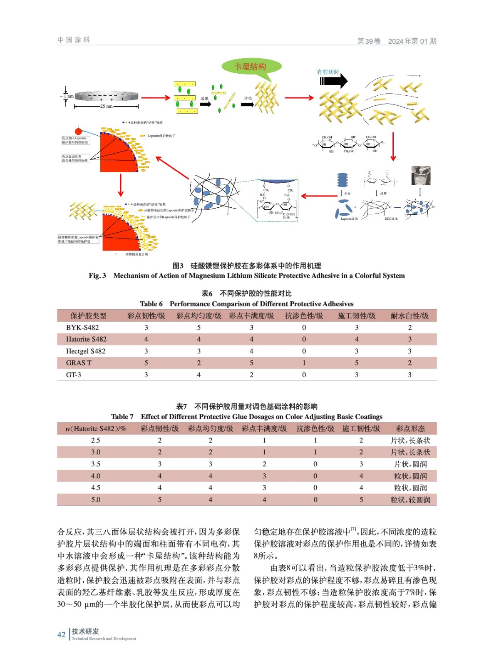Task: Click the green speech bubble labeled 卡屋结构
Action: point(251,67)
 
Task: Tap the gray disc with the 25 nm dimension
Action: point(107,96)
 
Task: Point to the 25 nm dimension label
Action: point(106,106)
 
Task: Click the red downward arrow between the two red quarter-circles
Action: point(121,185)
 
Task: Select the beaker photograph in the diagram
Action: point(421,175)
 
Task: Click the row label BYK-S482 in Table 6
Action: point(82,328)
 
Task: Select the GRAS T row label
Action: point(79,363)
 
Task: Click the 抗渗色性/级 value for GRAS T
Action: point(304,363)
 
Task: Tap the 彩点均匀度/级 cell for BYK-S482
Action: point(199,328)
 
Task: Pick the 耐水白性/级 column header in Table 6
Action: point(410,316)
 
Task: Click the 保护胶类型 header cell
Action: point(88,316)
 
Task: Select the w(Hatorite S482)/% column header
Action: point(96,429)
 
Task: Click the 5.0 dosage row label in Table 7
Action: point(96,499)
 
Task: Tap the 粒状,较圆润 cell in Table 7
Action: point(410,499)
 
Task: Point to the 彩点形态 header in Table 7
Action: point(410,429)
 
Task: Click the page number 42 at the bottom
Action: point(61,635)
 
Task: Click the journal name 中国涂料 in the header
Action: point(74,40)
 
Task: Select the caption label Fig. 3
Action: point(97,276)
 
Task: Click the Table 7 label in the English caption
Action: point(122,417)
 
